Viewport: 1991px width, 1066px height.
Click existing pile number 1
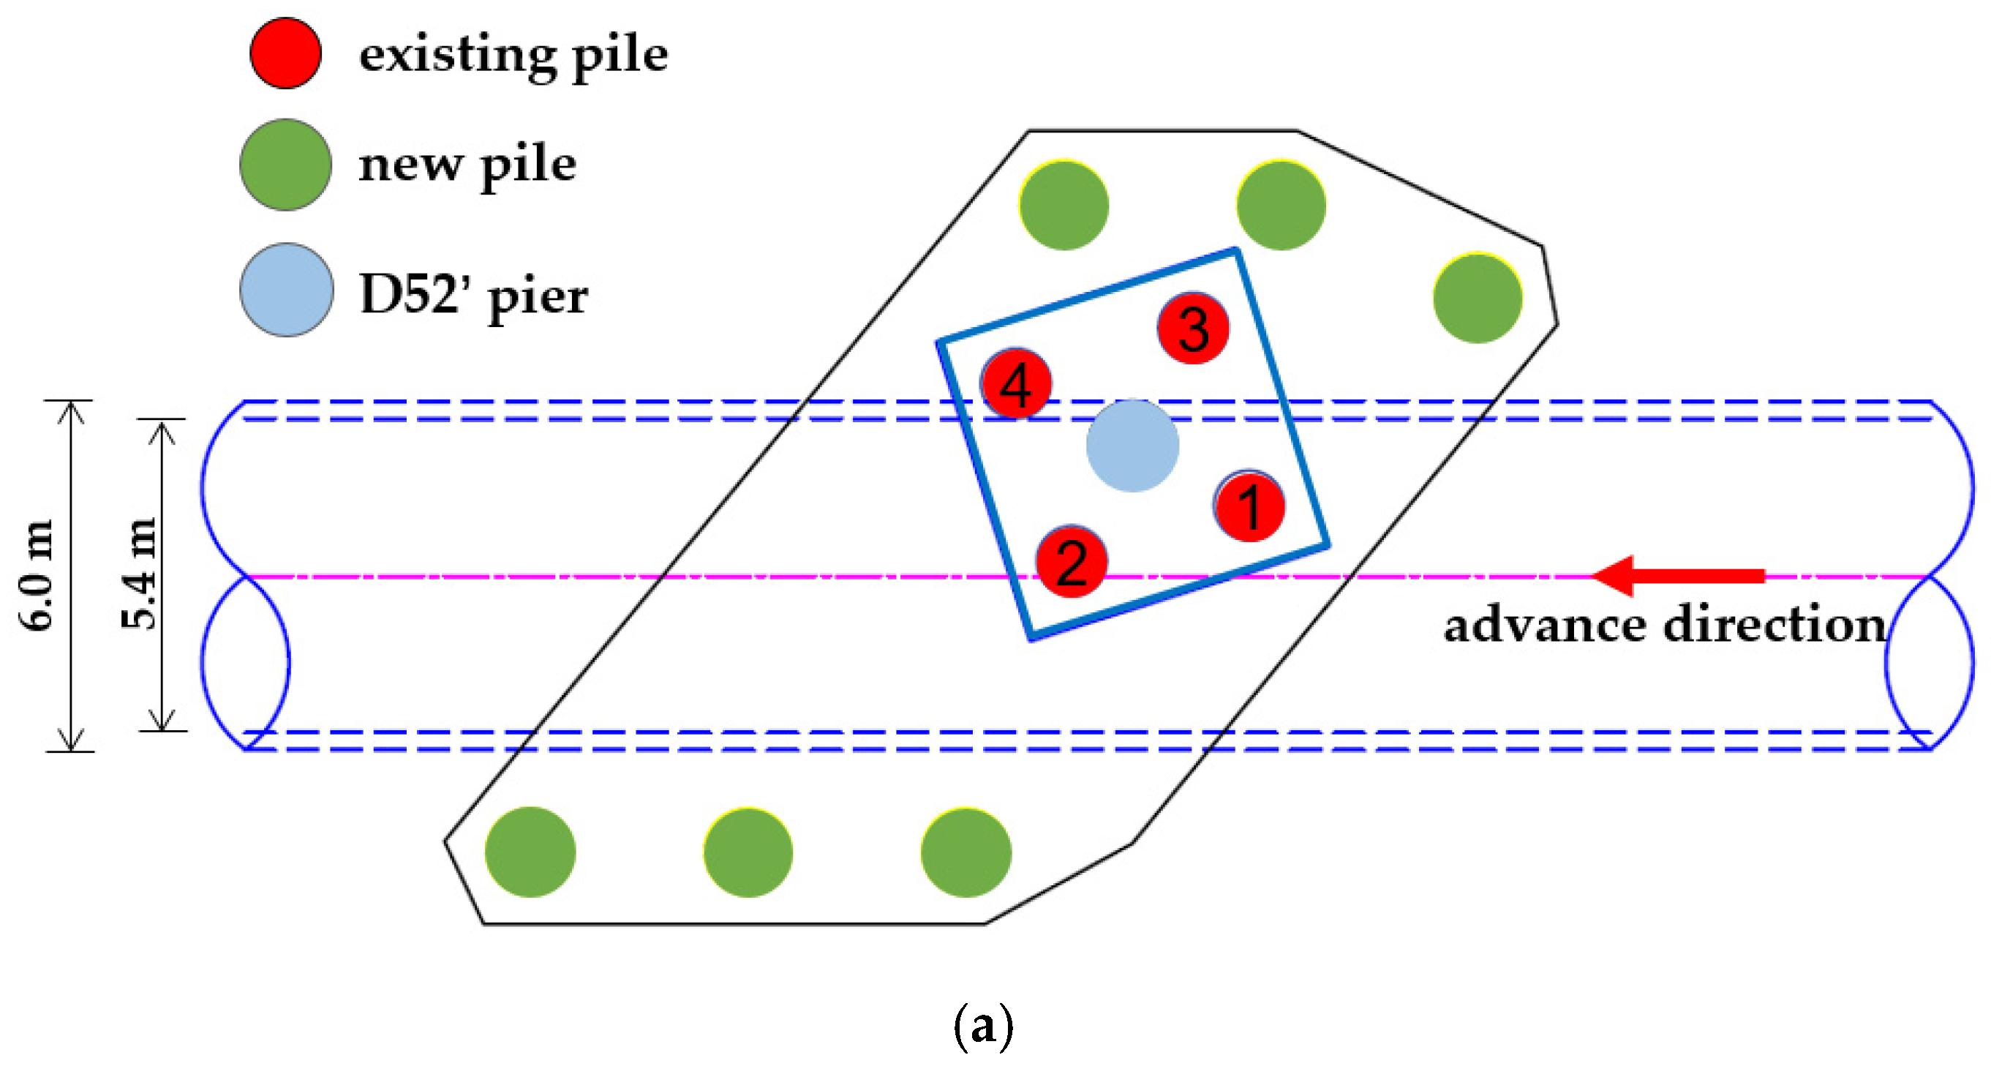point(1249,506)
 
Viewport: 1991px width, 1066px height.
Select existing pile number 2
point(1072,562)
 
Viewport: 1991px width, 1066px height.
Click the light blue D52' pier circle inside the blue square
point(1132,446)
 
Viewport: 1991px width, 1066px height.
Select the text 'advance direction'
point(1665,625)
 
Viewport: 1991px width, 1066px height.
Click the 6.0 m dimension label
point(37,575)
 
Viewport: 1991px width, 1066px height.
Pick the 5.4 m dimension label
point(139,574)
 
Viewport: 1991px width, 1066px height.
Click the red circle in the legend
point(285,53)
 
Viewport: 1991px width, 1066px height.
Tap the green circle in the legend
point(285,165)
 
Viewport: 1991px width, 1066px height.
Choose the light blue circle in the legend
point(287,290)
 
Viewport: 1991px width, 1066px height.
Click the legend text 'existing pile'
point(513,56)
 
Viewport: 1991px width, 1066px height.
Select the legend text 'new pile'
point(467,165)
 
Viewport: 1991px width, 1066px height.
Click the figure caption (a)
point(982,1026)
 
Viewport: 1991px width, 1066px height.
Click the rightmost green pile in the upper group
point(1477,298)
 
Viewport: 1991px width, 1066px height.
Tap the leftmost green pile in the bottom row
point(530,852)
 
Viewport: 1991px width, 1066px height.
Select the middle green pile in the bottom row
point(748,852)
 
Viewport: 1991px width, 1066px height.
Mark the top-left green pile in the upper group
point(1064,205)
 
